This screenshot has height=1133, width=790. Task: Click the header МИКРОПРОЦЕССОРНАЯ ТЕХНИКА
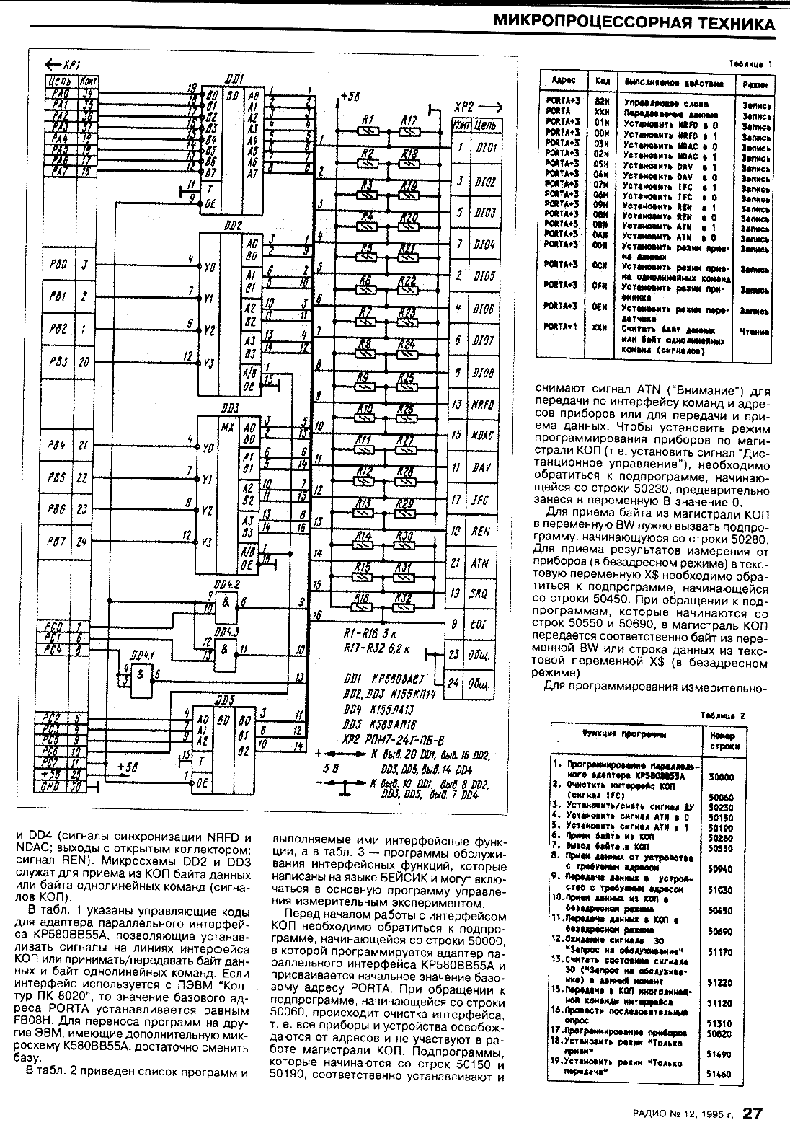[x=634, y=23]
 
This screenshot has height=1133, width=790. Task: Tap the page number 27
[x=753, y=1114]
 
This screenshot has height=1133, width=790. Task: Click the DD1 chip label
[x=234, y=77]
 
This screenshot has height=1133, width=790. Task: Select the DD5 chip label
[x=225, y=700]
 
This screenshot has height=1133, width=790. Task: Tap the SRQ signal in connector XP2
[x=480, y=594]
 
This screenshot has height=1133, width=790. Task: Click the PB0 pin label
[x=60, y=265]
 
